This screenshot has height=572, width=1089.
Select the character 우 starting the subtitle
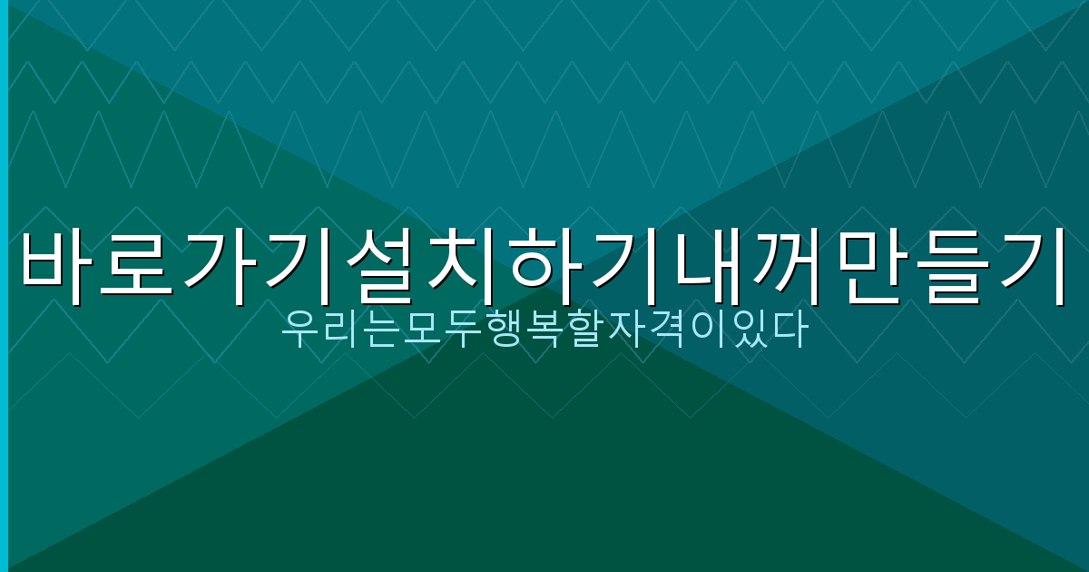point(299,331)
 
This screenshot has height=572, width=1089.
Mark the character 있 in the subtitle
point(749,331)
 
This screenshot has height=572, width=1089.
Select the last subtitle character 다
point(789,331)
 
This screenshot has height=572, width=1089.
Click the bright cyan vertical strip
point(4,286)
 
